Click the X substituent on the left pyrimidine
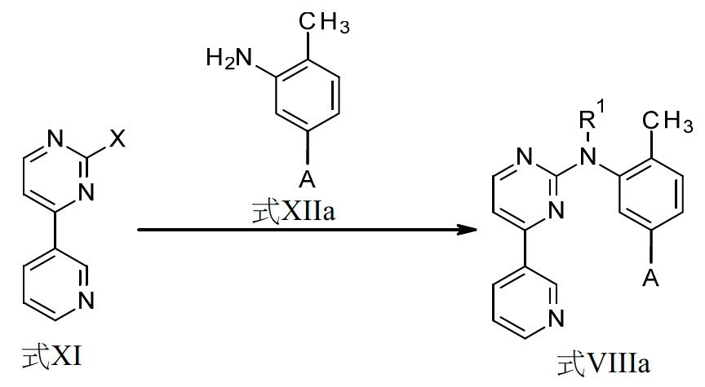click(x=117, y=139)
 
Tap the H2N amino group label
click(x=228, y=58)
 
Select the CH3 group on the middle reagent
click(x=324, y=22)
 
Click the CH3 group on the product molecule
click(x=667, y=121)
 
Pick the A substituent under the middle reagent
click(x=307, y=179)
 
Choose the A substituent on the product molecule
click(x=650, y=278)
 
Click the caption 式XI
click(x=52, y=357)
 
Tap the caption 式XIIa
click(x=294, y=211)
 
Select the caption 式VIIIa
click(x=604, y=363)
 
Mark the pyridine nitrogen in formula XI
click(x=86, y=300)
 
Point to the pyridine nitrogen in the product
click(x=556, y=319)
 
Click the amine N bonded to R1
click(x=587, y=156)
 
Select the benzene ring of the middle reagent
click(x=308, y=95)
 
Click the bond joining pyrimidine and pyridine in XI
click(x=55, y=230)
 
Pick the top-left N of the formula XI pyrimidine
click(x=55, y=139)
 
